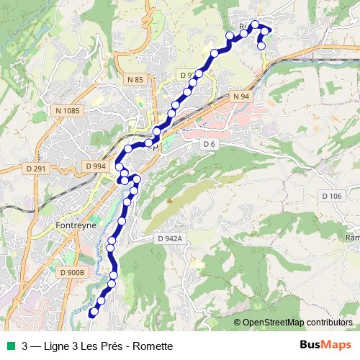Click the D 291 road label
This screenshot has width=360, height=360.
(35, 169)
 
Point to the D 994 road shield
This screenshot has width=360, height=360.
(95, 166)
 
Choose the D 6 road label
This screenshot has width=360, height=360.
(210, 144)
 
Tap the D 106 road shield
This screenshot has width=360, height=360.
(332, 196)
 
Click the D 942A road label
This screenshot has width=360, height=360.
(171, 237)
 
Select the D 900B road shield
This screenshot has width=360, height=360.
(73, 272)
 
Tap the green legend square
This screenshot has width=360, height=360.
(9, 346)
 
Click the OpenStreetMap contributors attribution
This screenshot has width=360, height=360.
(297, 322)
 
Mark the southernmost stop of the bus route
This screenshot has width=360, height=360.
(92, 313)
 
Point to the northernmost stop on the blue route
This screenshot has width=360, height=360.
(255, 24)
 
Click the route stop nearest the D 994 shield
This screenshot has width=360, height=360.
(118, 167)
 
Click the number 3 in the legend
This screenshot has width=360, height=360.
(25, 346)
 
